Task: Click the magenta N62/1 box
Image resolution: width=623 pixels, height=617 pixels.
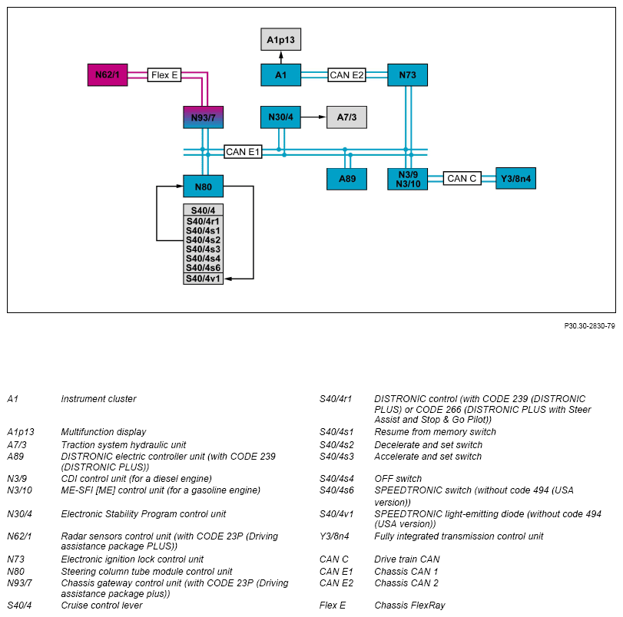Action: click(x=108, y=74)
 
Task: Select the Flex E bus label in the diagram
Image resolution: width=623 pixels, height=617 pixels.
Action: click(x=164, y=75)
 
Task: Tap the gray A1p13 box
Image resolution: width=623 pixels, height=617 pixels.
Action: click(x=281, y=39)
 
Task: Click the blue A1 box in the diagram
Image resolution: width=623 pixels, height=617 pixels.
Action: click(x=281, y=74)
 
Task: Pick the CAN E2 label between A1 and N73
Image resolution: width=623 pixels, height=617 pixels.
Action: click(x=347, y=75)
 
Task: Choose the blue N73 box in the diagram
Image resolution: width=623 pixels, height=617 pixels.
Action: click(x=408, y=74)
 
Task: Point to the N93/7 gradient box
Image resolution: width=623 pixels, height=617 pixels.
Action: click(x=204, y=117)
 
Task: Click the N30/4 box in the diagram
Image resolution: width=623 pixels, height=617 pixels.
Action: click(x=281, y=117)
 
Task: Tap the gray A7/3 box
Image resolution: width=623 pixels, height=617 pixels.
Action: click(x=347, y=117)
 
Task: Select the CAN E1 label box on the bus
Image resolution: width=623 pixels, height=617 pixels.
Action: click(x=243, y=152)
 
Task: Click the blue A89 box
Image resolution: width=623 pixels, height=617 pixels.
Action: click(x=347, y=179)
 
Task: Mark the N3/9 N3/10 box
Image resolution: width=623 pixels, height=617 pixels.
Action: click(x=408, y=179)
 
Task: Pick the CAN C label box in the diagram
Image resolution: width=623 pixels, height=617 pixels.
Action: click(x=462, y=178)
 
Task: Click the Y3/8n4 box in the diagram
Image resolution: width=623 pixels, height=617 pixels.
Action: click(x=516, y=178)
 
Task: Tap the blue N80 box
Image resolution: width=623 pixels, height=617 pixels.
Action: click(x=204, y=186)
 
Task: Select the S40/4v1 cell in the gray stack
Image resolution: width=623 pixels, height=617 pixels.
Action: click(x=204, y=279)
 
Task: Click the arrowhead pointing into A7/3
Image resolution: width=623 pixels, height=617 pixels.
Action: click(x=323, y=117)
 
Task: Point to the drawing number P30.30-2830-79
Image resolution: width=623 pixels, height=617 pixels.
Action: click(x=590, y=326)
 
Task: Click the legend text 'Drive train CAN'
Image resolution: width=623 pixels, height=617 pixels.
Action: click(x=407, y=559)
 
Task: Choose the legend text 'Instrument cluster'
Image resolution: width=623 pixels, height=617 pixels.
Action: click(x=98, y=399)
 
